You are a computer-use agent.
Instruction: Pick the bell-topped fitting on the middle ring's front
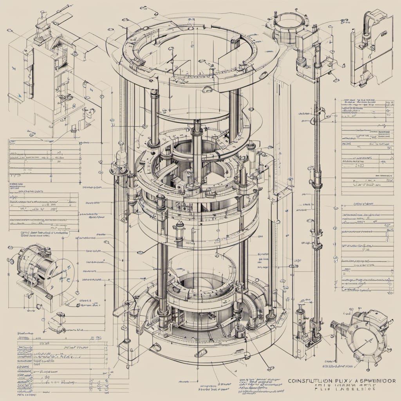180,229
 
